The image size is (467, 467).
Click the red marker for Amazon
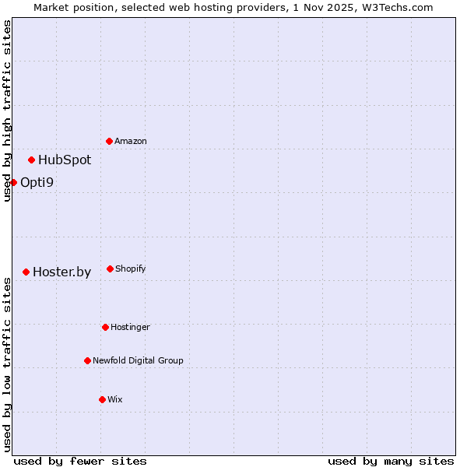click(109, 141)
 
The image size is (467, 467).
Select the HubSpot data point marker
click(31, 160)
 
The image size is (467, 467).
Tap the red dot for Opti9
click(13, 182)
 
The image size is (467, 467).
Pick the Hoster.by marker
click(26, 272)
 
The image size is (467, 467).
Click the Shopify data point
click(110, 269)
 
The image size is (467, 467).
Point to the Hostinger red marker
click(105, 327)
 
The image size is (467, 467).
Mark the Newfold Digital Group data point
click(87, 360)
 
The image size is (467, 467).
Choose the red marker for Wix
click(102, 399)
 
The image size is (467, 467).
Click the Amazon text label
click(131, 141)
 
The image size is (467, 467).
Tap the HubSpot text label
click(65, 160)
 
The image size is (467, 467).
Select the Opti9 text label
click(37, 183)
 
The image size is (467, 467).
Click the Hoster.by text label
click(61, 272)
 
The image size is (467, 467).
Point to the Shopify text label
click(131, 269)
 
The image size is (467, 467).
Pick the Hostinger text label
click(130, 327)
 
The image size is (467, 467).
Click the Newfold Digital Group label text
click(138, 360)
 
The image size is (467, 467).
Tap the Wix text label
click(115, 399)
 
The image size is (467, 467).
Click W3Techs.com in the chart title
click(401, 7)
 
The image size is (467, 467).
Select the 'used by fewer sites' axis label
click(80, 461)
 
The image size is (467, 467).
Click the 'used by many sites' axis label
click(391, 461)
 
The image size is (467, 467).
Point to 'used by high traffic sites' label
click(7, 111)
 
